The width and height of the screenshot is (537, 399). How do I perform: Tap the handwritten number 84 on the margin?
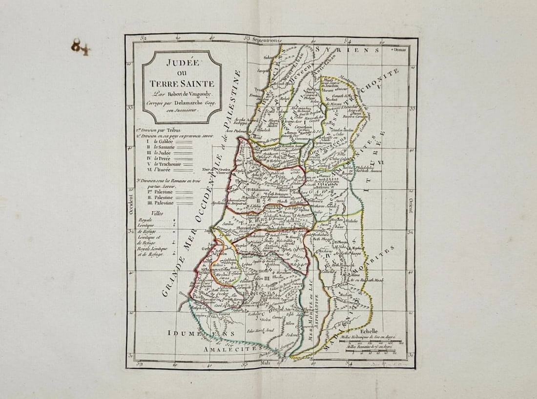click(80, 47)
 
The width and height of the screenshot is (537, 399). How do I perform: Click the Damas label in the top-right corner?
click(400, 50)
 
